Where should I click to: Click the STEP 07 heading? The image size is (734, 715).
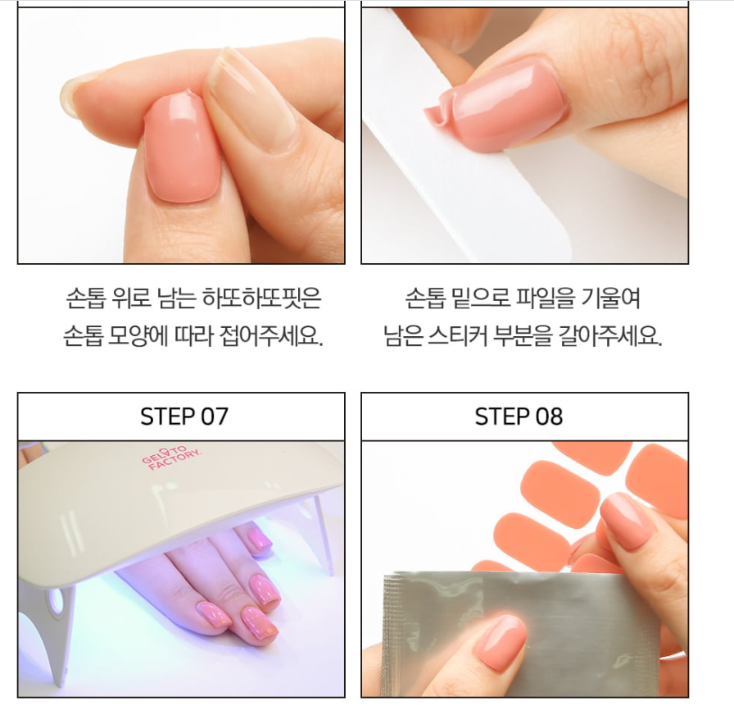coord(184,416)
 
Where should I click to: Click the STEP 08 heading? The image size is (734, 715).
coord(519,416)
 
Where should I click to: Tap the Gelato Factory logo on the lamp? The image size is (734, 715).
coord(171,458)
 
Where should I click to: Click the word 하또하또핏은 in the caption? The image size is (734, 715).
coord(261,298)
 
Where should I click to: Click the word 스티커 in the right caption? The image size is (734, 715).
coord(457,335)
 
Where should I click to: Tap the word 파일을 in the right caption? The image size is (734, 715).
coord(545,298)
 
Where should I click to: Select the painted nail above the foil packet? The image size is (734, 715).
coord(624,520)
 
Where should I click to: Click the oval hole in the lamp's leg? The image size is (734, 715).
coord(57,602)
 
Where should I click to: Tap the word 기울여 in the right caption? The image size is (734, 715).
coord(610,298)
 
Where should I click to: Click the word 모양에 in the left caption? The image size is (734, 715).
coord(138,335)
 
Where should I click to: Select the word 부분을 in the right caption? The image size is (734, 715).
coord(523,335)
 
